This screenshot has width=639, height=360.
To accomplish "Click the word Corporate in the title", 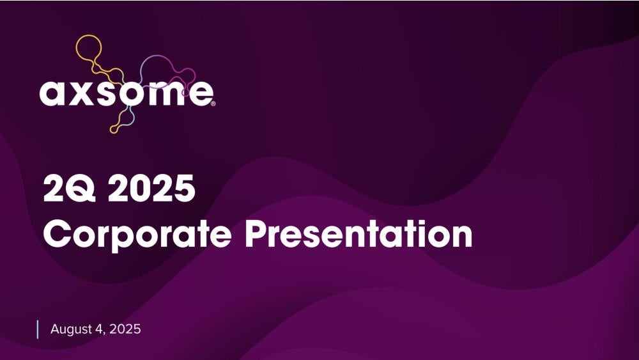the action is pyautogui.click(x=137, y=235).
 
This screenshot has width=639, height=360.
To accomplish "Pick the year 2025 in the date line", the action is pyautogui.click(x=125, y=329).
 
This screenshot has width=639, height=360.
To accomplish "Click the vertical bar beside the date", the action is pyautogui.click(x=38, y=329).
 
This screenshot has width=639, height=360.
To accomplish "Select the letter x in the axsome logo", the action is pyautogui.click(x=80, y=93).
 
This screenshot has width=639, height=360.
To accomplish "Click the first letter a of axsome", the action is pyautogui.click(x=52, y=93).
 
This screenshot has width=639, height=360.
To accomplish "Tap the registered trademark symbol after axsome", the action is pyautogui.click(x=213, y=104).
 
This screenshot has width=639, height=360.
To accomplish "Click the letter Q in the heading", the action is pyautogui.click(x=81, y=188).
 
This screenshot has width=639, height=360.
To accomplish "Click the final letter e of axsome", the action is pyautogui.click(x=199, y=93).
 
